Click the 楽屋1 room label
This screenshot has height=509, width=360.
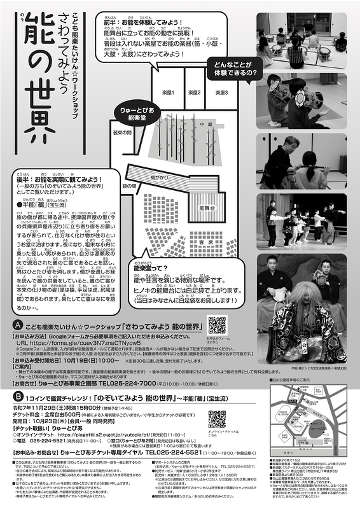[x=167, y=92]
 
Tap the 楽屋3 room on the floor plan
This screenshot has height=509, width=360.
[x=221, y=92]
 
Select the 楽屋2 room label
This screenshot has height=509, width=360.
[x=195, y=92]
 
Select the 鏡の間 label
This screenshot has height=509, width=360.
[x=130, y=186]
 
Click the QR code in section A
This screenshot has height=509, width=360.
[x=217, y=324]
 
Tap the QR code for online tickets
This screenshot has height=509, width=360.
[x=217, y=419]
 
